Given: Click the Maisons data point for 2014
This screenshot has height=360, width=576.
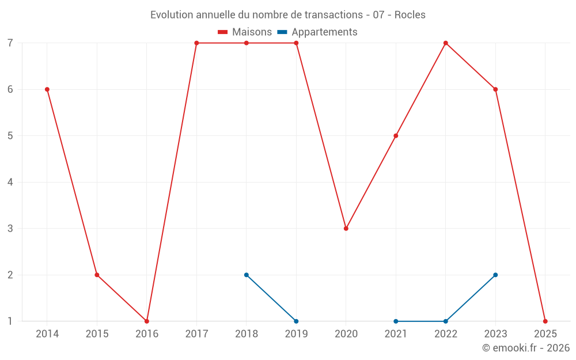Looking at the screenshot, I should pos(47,89).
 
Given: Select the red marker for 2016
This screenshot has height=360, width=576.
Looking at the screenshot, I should pos(147,321).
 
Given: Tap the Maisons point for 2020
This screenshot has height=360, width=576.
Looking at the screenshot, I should pos(346,228).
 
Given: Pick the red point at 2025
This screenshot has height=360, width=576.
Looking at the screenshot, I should pos(545,321).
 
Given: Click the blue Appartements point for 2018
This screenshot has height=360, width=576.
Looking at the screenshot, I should pos(247,275).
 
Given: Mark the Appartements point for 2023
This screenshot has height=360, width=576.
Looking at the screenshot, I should pos(495,275).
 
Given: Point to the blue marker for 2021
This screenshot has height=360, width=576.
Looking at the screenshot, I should pos(396,321).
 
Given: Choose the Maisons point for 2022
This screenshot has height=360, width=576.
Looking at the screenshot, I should pos(446,43).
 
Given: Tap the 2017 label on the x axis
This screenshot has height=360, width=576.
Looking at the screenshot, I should pos(196,334).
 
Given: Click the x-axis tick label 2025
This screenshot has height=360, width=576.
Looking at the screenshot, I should pos(545,334).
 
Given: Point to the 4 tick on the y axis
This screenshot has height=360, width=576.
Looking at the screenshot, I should pos(10,182).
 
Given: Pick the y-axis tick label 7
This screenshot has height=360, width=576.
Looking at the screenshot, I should pos(10,43).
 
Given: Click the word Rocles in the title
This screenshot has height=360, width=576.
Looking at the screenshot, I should pos(410,15).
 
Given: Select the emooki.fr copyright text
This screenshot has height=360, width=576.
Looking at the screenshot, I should pos(525,348).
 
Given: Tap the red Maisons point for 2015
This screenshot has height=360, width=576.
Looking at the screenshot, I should pos(97,275).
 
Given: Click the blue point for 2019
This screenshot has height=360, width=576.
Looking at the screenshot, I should pos(296,321).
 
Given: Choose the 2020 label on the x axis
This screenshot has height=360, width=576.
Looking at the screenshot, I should pos(346,334).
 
